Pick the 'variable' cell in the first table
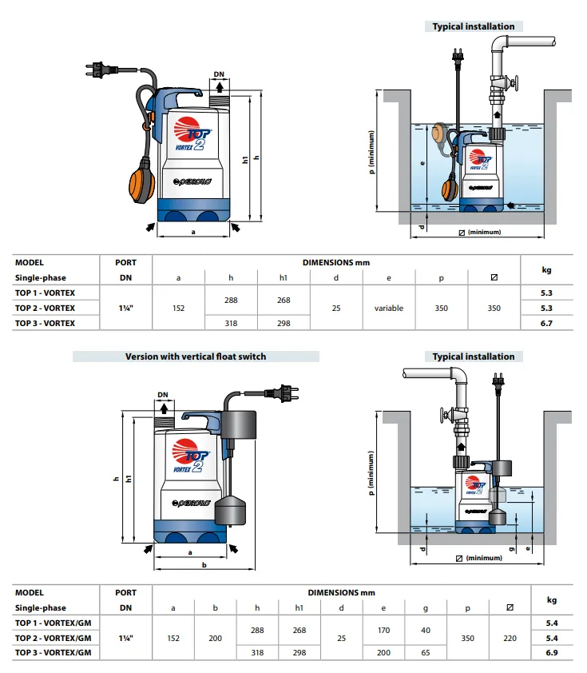tap(389, 308)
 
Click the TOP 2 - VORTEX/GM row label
tap(53, 638)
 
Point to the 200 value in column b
tap(215, 638)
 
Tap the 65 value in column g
tap(425, 652)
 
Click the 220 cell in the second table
tap(510, 638)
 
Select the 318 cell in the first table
tap(231, 323)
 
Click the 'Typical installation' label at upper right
tap(474, 26)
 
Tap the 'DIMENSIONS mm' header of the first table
tap(335, 262)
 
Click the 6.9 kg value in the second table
tap(551, 652)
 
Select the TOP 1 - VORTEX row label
tap(46, 293)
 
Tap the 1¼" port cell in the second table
tap(125, 638)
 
